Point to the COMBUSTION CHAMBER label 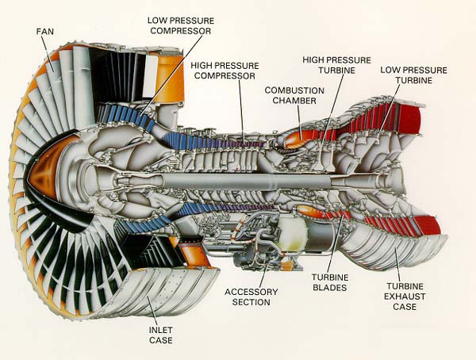(x=294, y=96)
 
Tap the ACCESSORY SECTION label (x=251, y=297)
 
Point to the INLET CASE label (x=159, y=335)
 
